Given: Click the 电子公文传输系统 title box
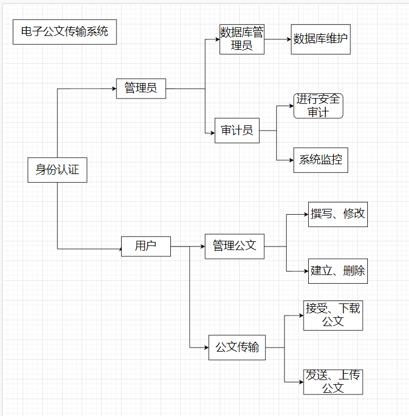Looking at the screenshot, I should point(64,32).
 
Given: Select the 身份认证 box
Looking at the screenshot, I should point(57,170).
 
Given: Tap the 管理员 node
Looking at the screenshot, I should point(141,88).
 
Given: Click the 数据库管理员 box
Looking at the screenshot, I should point(242,39).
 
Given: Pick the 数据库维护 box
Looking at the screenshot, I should point(320,39).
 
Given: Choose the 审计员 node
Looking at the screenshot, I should point(237,131).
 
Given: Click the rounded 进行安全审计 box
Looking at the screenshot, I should point(318,106).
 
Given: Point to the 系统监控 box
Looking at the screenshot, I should point(320,160).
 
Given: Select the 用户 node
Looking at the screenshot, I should point(145,246).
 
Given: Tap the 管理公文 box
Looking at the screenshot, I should point(235,246).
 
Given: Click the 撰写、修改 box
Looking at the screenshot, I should point(338,214).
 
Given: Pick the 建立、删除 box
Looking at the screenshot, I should point(338,270).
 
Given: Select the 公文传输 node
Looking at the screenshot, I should point(237,348).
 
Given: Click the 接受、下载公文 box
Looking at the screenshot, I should point(333,315).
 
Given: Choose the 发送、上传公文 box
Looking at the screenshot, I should point(333,382).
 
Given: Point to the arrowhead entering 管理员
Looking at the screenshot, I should point(114,88).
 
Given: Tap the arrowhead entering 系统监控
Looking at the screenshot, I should point(291,161).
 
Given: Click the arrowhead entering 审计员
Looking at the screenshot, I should point(212,134).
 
